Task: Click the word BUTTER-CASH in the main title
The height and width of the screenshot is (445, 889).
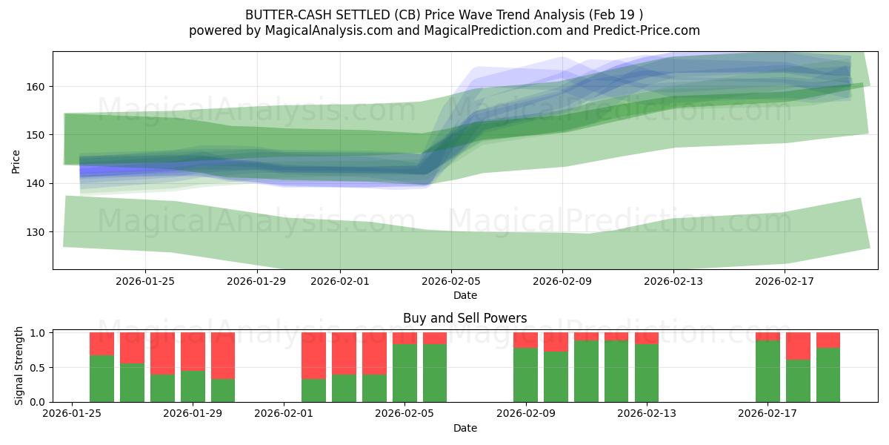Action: (281, 15)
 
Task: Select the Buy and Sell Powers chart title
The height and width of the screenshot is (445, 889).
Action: (465, 318)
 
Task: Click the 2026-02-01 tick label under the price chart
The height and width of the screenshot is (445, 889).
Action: (339, 281)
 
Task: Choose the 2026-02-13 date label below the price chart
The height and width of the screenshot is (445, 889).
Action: (673, 281)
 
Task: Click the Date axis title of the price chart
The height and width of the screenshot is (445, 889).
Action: (465, 295)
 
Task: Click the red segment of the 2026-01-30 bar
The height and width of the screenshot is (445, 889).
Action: (223, 356)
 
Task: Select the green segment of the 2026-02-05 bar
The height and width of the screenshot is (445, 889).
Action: (404, 373)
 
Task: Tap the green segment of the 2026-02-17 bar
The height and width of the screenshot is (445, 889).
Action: (768, 371)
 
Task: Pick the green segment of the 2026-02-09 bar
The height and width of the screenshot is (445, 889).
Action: (525, 375)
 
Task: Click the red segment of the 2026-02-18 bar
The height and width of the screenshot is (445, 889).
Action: (798, 346)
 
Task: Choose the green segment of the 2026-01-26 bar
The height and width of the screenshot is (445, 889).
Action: (101, 378)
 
